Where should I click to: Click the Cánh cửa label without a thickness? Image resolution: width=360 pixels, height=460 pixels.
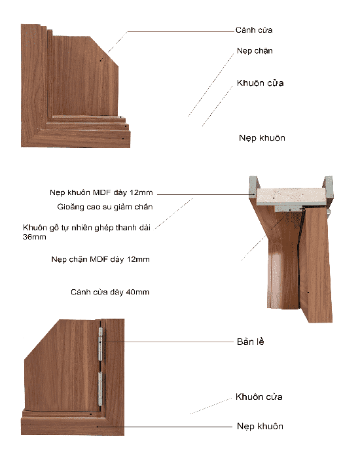253,30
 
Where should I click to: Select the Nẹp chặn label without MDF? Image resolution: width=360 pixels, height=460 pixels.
255,51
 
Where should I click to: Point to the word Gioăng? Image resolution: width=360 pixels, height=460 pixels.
72,207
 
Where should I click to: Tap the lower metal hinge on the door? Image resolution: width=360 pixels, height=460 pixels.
100,391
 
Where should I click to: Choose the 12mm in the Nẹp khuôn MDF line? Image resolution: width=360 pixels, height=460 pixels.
141,193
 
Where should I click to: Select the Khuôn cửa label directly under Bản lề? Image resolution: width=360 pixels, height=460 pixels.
259,397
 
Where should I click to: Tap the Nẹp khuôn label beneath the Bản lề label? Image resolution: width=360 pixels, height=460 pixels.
259,426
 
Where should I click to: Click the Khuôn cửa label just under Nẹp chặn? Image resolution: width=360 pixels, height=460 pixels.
260,84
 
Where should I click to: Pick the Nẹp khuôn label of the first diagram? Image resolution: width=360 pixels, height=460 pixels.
262,138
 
